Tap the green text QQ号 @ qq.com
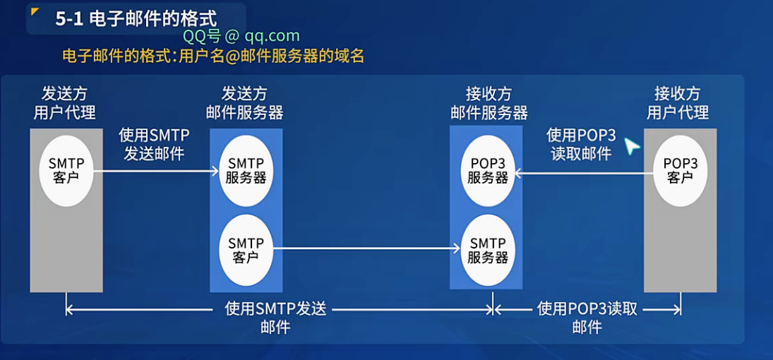[x=241, y=36]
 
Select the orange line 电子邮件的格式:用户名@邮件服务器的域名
[x=213, y=56]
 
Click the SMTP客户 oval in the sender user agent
[x=67, y=170]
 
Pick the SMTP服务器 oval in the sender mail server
[x=246, y=170]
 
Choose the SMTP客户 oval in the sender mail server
[x=246, y=250]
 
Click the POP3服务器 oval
[x=488, y=170]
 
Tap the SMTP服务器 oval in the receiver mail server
[x=488, y=250]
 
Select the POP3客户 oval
[x=680, y=170]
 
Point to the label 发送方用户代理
[x=65, y=103]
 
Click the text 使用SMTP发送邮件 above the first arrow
[x=154, y=144]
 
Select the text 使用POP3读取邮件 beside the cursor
[x=581, y=144]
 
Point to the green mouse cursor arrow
[x=631, y=146]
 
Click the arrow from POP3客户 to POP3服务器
[x=579, y=172]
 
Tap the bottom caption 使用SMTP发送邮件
[x=275, y=317]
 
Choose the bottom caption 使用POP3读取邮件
[x=587, y=317]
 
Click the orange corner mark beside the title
[x=35, y=11]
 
